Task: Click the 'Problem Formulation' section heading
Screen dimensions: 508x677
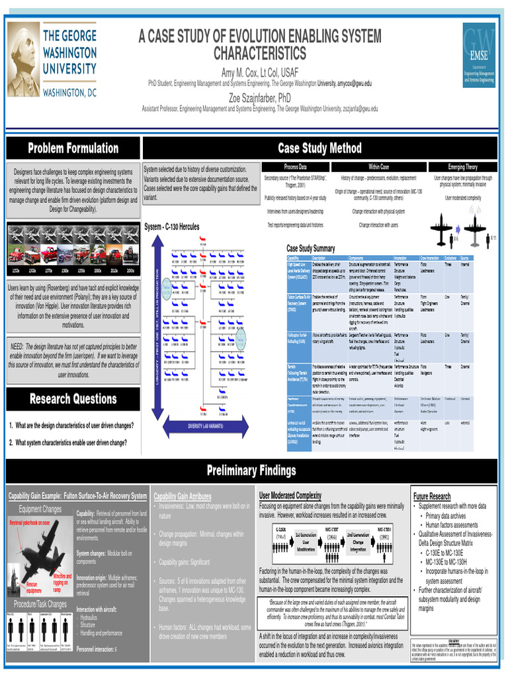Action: pyautogui.click(x=73, y=148)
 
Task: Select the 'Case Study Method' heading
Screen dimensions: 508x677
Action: pyautogui.click(x=319, y=148)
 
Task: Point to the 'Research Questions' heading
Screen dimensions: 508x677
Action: pyautogui.click(x=73, y=399)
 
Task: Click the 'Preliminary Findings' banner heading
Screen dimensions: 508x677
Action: pyautogui.click(x=251, y=471)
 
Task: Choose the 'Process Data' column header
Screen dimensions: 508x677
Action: pyautogui.click(x=295, y=167)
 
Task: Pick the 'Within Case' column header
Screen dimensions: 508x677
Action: pyautogui.click(x=378, y=167)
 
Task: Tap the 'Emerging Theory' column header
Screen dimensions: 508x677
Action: pyautogui.click(x=462, y=167)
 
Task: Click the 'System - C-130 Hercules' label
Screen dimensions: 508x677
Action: pyautogui.click(x=172, y=227)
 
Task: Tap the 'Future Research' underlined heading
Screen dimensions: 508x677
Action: pyautogui.click(x=432, y=496)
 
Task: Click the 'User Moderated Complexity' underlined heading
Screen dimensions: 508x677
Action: pyautogui.click(x=290, y=495)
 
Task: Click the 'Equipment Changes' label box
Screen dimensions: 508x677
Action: pyautogui.click(x=40, y=508)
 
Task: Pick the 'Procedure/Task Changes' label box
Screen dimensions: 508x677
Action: pyautogui.click(x=40, y=604)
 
